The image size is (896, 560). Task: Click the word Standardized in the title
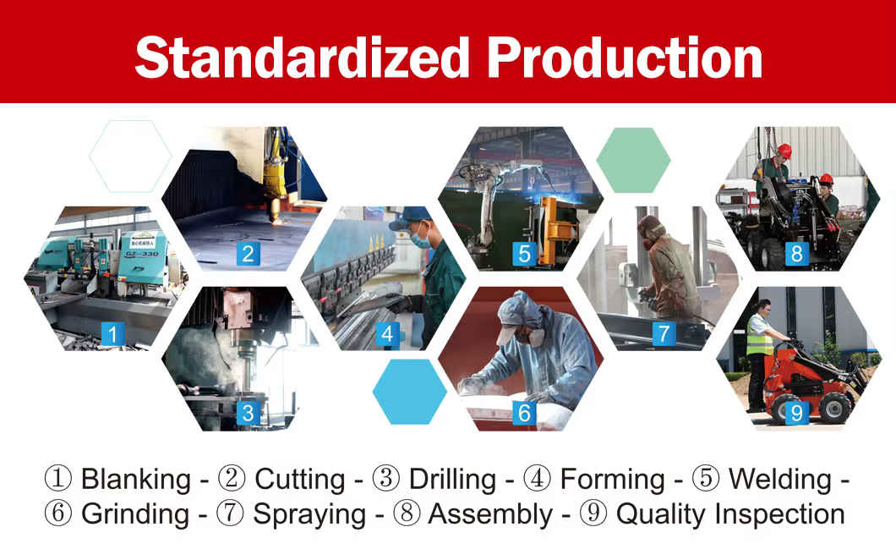pos(303,58)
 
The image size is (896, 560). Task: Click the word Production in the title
pos(626,58)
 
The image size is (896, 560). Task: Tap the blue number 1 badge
pos(112,333)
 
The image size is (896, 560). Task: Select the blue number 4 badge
pos(387,333)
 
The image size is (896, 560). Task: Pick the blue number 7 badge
pos(664,333)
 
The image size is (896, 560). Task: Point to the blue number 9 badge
pos(796,413)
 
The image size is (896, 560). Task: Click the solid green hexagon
pos(633,160)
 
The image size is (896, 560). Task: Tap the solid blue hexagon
pos(410,392)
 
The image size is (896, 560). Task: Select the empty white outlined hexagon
pos(130,156)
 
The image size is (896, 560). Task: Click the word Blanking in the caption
pos(136,480)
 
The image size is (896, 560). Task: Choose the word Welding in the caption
pos(780,480)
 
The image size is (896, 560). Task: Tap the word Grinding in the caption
pos(135,513)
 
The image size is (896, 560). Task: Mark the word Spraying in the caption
pos(309,513)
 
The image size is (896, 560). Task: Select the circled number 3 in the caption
pos(386,479)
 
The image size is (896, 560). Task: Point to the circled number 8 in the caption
pos(407,513)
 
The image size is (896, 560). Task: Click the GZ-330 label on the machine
pos(142,254)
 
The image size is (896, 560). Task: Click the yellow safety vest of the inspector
pos(759,336)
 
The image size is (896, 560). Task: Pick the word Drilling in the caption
pos(452,480)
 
